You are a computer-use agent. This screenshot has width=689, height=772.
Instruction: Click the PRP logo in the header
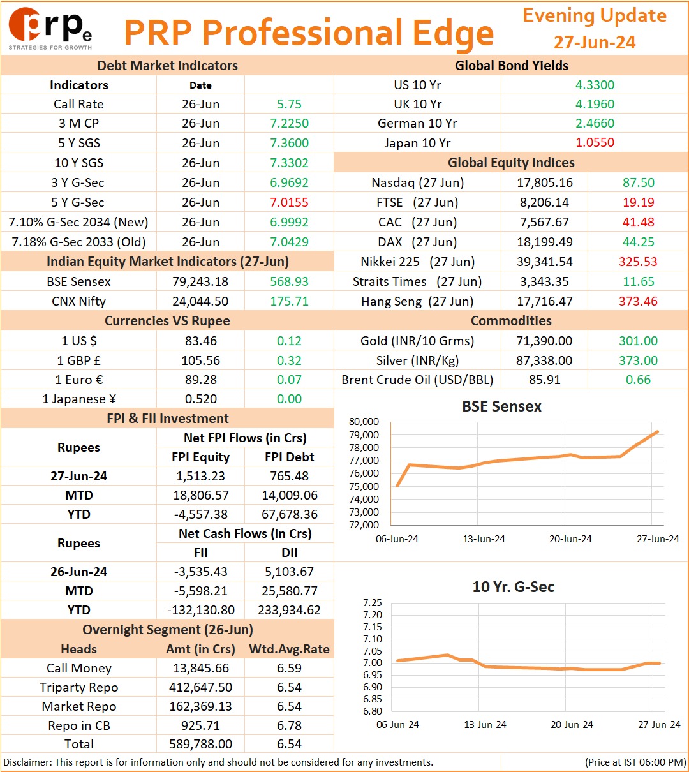(x=50, y=29)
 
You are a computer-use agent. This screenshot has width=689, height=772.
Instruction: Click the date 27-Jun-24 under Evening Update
(x=595, y=42)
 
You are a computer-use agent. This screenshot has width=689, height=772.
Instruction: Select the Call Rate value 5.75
(x=289, y=104)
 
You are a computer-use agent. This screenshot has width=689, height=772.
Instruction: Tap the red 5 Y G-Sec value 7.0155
(x=289, y=202)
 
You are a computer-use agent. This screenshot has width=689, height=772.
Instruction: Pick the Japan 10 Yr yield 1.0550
(x=595, y=142)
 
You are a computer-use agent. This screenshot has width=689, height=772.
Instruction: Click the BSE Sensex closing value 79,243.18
(x=200, y=281)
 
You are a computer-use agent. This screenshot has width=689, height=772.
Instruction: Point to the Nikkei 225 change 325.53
(x=638, y=262)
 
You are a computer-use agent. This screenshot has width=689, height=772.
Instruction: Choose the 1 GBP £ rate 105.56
(x=200, y=360)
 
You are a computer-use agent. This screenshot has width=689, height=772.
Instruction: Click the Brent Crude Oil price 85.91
(x=544, y=380)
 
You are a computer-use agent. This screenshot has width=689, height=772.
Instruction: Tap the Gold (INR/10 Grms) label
(x=417, y=341)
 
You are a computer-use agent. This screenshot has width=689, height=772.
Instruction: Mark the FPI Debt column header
(x=289, y=457)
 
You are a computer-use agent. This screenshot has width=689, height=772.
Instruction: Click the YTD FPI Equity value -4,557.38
(x=200, y=514)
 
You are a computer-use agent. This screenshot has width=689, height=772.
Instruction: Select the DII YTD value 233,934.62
(x=289, y=610)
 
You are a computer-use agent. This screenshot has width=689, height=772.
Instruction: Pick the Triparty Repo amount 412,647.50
(x=200, y=687)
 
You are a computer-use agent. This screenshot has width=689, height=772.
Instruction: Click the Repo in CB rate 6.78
(x=289, y=725)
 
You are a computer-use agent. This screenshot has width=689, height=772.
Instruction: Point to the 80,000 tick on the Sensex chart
(x=364, y=422)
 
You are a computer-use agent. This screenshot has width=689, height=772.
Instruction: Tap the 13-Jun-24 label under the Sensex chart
(x=484, y=538)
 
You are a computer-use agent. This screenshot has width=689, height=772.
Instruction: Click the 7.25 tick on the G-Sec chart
(x=373, y=603)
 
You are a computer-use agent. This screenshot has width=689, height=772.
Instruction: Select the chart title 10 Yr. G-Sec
(x=513, y=587)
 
